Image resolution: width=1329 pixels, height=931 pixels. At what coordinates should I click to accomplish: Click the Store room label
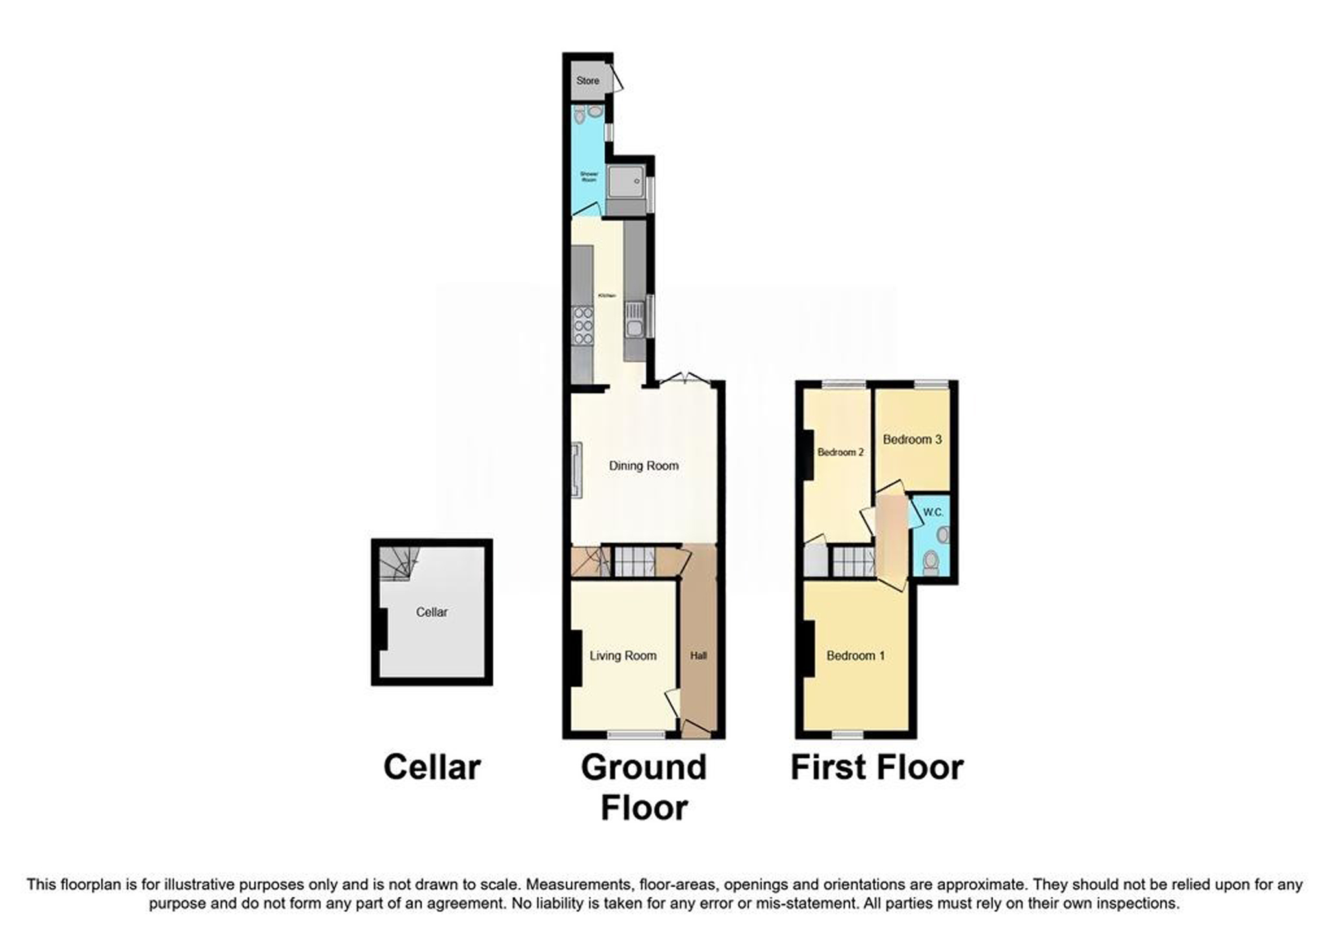pyautogui.click(x=587, y=81)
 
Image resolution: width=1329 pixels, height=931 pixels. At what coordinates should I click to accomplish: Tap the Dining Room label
pyautogui.click(x=643, y=465)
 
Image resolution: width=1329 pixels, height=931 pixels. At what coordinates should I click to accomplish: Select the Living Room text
pyautogui.click(x=622, y=656)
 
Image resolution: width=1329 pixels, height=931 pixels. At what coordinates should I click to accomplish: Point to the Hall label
pyautogui.click(x=698, y=656)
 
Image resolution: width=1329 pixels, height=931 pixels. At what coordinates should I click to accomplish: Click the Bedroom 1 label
pyautogui.click(x=855, y=656)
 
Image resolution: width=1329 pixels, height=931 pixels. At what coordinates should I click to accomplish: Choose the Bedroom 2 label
pyautogui.click(x=840, y=452)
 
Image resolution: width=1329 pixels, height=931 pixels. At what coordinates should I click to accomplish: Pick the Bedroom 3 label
pyautogui.click(x=912, y=440)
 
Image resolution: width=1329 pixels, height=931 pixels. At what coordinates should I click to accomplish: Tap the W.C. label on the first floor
pyautogui.click(x=933, y=512)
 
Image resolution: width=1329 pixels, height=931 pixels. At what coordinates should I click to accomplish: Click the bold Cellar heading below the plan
pyautogui.click(x=432, y=767)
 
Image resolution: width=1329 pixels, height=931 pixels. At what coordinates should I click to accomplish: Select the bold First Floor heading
pyautogui.click(x=877, y=767)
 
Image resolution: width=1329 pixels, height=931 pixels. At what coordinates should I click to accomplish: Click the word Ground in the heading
pyautogui.click(x=643, y=767)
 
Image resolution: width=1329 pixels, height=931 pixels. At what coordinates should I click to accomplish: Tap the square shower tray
pyautogui.click(x=626, y=181)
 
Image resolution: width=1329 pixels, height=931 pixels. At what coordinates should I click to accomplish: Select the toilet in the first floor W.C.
pyautogui.click(x=931, y=562)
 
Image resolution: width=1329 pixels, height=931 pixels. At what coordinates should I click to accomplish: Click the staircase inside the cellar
pyautogui.click(x=397, y=562)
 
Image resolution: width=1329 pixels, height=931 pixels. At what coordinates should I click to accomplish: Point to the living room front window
pyautogui.click(x=636, y=735)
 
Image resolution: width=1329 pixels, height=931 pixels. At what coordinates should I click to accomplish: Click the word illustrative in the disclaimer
pyautogui.click(x=197, y=884)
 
